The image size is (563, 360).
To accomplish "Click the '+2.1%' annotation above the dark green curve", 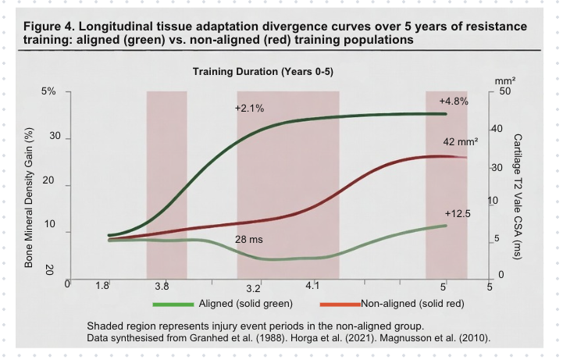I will click(x=250, y=108).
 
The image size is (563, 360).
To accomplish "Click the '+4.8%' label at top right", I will click(x=453, y=102).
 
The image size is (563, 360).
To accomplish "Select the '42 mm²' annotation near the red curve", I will click(x=460, y=141).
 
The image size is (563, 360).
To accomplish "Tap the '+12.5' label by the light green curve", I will click(x=458, y=213).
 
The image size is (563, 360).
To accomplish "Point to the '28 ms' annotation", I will click(x=250, y=239).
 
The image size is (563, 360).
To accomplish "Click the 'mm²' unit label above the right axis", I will click(x=502, y=80).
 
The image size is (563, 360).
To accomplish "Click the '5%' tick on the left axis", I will click(x=48, y=91).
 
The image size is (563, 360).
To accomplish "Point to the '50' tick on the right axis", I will click(x=504, y=92).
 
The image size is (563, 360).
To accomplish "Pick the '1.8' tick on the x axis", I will click(x=102, y=287).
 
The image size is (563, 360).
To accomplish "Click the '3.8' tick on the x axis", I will click(x=162, y=287).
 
